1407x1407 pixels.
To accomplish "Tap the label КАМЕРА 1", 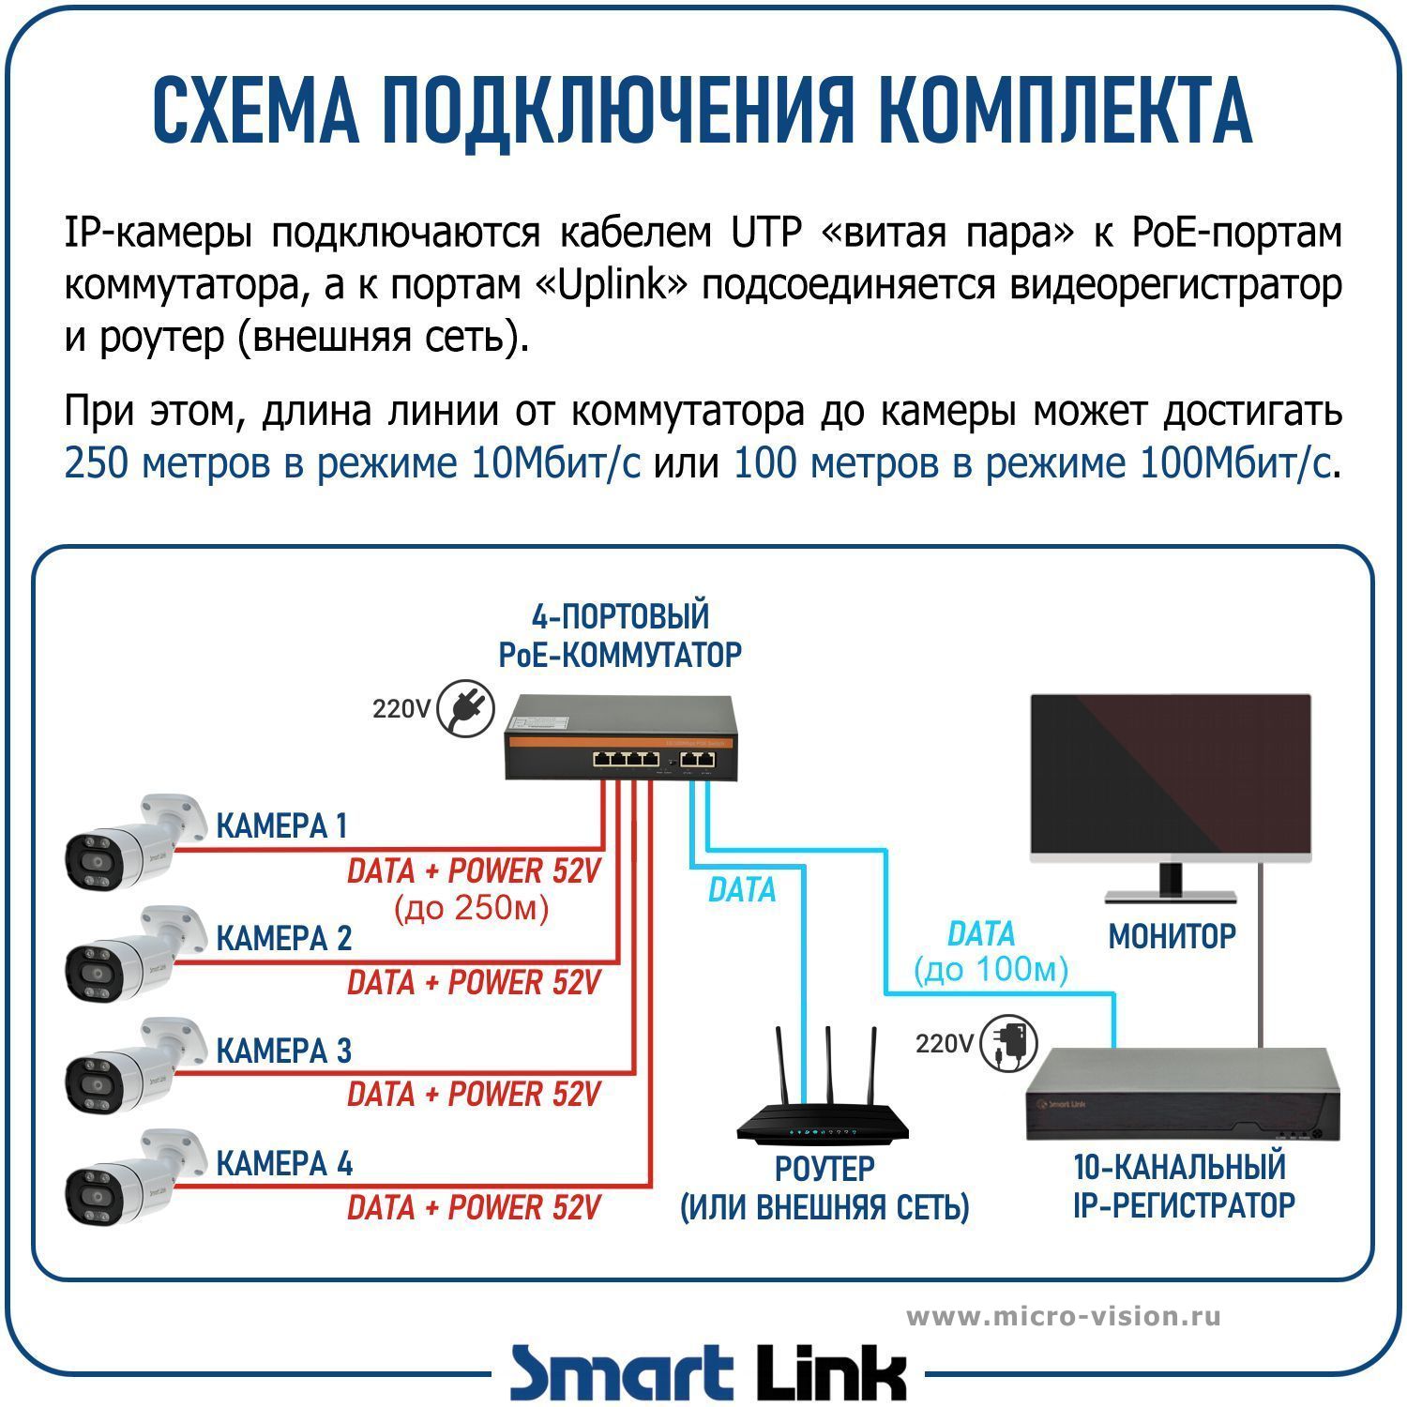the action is click(x=281, y=826).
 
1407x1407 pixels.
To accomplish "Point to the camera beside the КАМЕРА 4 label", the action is click(x=135, y=1179).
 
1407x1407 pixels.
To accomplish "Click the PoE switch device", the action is click(x=620, y=736).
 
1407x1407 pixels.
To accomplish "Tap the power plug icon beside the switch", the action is click(x=466, y=710).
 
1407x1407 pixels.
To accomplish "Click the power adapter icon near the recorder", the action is click(x=1009, y=1043).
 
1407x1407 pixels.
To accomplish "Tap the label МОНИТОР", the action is click(x=1172, y=936).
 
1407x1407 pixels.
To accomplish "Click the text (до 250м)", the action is click(x=472, y=908).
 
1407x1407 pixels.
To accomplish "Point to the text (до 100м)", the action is click(x=991, y=970).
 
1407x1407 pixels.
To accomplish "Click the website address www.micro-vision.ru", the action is click(x=1064, y=1316).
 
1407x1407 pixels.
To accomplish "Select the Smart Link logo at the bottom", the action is click(x=708, y=1373).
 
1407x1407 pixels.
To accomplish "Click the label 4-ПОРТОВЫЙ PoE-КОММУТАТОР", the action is click(x=620, y=635).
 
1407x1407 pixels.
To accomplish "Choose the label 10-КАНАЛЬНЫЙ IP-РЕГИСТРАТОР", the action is click(x=1184, y=1186).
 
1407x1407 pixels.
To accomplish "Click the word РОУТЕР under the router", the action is click(x=825, y=1169).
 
